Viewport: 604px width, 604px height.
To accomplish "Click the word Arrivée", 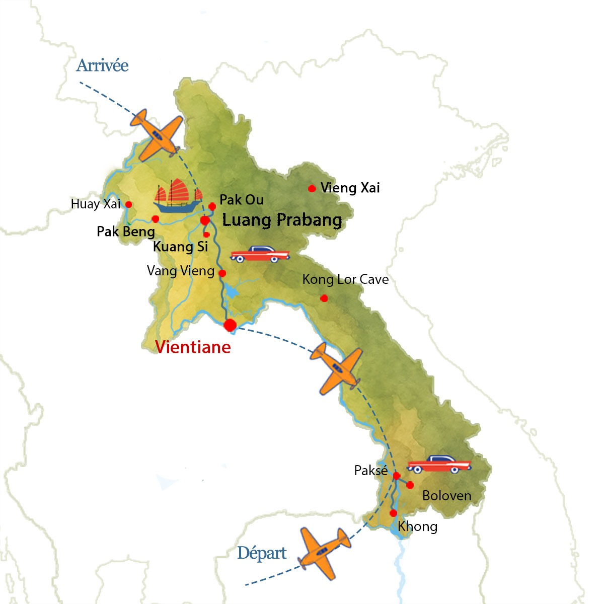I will point(102,66).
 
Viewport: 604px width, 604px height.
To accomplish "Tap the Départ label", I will point(262,553).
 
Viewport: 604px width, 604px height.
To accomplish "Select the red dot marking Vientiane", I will point(230,325).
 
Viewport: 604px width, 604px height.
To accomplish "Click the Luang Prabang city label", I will point(282,220).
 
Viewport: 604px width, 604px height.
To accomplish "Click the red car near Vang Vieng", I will point(260,254).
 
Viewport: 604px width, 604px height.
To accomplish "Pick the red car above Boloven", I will point(439,464).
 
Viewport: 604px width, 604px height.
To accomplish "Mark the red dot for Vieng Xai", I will point(312,188).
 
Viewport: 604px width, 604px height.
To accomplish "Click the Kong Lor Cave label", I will point(345,279).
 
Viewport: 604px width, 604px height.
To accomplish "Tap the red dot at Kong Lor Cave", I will point(324,298).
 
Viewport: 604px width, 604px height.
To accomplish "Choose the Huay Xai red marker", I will point(129,204).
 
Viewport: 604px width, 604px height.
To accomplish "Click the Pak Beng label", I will point(126,232).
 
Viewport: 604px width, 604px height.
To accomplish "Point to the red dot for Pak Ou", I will point(212,206).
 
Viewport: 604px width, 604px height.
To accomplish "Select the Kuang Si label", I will point(180,247).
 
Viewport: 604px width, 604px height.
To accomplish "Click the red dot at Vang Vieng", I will point(222,274).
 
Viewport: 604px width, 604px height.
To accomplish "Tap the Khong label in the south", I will point(417,526).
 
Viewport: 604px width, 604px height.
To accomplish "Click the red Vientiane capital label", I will point(193,347).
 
